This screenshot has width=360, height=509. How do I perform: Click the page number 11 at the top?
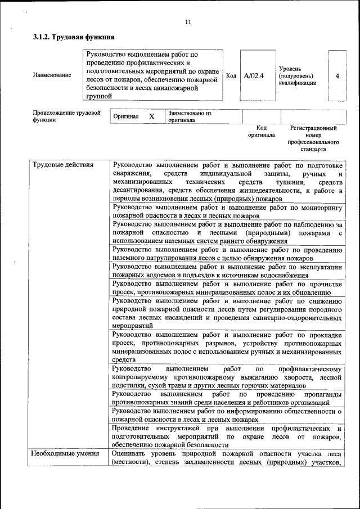187,22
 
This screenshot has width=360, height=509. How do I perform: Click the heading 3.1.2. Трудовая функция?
74,37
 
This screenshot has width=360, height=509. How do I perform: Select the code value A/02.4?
254,75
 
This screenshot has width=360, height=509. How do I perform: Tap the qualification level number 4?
337,75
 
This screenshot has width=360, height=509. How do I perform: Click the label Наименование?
52,75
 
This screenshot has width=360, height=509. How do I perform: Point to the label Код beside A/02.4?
231,75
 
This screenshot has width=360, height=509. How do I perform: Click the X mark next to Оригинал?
151,116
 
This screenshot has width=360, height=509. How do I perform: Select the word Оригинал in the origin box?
126,116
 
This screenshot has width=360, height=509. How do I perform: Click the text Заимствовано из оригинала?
189,116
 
